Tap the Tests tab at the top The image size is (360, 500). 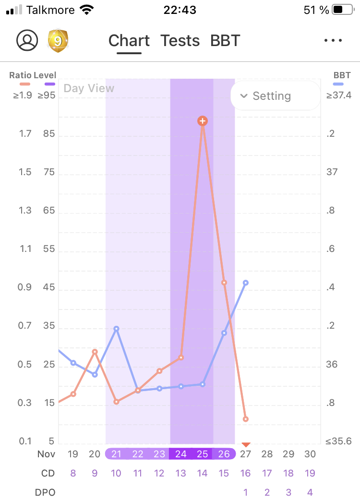(180, 41)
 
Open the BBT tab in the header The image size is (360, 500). (225, 41)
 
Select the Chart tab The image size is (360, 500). (129, 41)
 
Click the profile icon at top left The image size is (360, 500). (27, 40)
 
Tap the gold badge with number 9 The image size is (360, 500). (58, 41)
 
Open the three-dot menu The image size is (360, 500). (333, 41)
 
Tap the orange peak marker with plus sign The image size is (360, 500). (203, 121)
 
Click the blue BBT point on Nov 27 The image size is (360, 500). (246, 283)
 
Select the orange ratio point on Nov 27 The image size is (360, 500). (246, 419)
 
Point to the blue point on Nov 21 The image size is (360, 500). (116, 329)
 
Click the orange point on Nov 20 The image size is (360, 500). (95, 352)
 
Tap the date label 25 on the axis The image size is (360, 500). (203, 454)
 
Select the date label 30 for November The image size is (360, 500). (310, 454)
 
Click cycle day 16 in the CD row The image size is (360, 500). (245, 473)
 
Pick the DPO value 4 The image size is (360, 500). (310, 492)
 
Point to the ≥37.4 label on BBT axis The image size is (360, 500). (339, 95)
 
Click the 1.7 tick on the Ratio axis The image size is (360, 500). (25, 134)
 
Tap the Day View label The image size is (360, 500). (89, 88)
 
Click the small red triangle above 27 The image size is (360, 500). (246, 445)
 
